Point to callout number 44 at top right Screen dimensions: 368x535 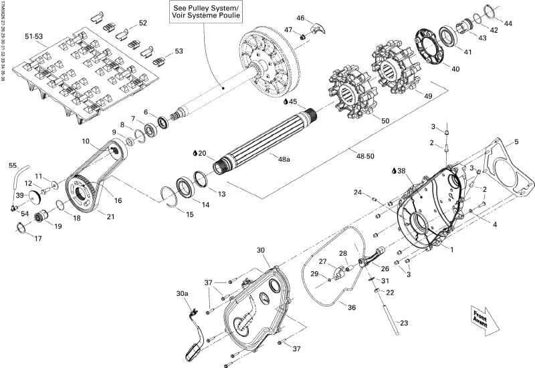click(508, 23)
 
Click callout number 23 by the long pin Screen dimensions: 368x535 click(403, 323)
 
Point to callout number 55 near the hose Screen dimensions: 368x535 click(13, 165)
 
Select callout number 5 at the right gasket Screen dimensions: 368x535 click(516, 141)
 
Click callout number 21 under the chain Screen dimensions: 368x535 click(102, 216)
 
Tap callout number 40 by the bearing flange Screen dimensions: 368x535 click(455, 68)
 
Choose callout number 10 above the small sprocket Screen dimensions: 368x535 click(86, 141)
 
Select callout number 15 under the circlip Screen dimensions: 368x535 click(189, 214)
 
